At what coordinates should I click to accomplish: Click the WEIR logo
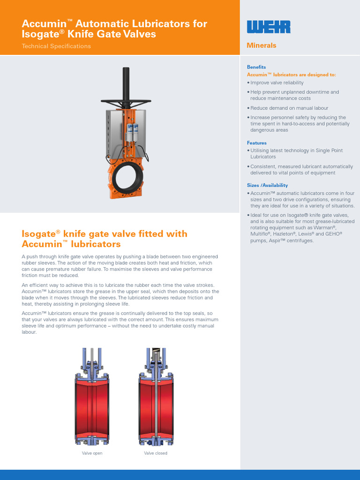click(x=269, y=27)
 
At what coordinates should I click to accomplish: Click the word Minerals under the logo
click(x=262, y=45)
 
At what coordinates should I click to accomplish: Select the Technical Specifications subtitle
click(x=56, y=46)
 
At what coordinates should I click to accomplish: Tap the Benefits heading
click(x=256, y=67)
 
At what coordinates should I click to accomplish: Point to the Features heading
click(x=257, y=143)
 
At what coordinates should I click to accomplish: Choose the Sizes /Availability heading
click(x=267, y=185)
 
